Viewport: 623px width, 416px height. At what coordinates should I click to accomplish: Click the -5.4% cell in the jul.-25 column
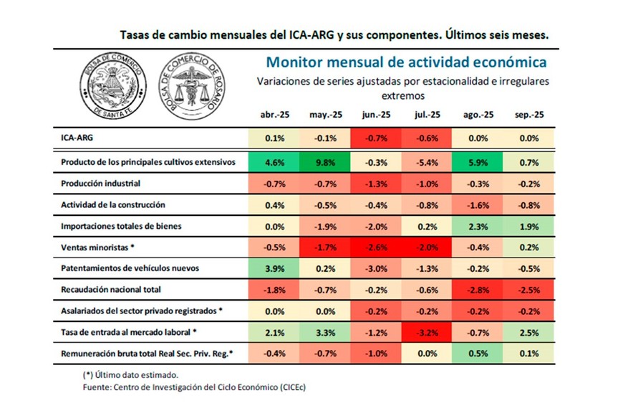(x=426, y=162)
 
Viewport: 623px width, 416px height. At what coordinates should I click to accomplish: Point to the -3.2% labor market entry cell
(x=426, y=332)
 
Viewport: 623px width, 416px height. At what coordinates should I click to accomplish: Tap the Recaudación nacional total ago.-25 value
(x=478, y=290)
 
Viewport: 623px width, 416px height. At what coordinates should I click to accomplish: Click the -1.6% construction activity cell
(x=478, y=205)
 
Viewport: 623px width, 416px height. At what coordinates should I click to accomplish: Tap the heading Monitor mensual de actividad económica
(x=402, y=62)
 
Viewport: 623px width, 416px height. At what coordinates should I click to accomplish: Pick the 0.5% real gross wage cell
(x=478, y=354)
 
